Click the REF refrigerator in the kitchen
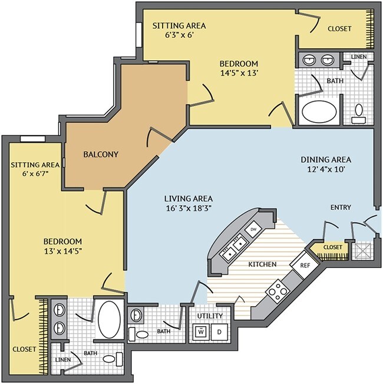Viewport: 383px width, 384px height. (x=305, y=265)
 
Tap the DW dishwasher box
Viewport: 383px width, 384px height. (x=253, y=229)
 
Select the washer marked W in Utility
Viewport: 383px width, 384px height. (x=201, y=332)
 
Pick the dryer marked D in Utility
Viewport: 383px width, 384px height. (x=219, y=332)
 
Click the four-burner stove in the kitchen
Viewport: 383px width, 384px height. (x=278, y=291)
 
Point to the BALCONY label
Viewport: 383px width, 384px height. (x=101, y=155)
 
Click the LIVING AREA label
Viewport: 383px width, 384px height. (x=189, y=198)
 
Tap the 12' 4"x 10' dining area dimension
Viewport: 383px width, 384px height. (x=326, y=169)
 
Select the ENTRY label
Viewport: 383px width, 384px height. (x=341, y=208)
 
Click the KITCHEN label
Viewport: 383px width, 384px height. (x=262, y=264)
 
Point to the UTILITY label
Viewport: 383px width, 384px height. (x=210, y=316)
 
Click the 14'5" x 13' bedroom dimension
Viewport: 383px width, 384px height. (x=239, y=73)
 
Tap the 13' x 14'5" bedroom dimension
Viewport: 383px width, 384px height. (x=63, y=251)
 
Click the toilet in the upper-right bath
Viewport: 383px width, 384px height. (x=359, y=114)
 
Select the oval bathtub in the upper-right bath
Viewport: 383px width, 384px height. (x=319, y=111)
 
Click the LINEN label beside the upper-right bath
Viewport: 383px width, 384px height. (x=359, y=57)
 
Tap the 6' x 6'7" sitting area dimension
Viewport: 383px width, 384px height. (x=35, y=174)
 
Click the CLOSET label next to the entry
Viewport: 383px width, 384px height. (x=332, y=247)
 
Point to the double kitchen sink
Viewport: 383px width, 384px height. (x=235, y=247)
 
